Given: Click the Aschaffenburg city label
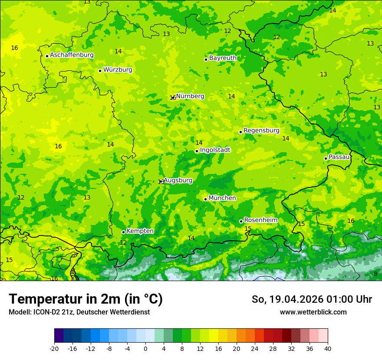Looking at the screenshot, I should click(x=72, y=55).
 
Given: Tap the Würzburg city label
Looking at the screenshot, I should click(x=118, y=70).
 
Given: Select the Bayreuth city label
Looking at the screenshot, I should click(x=223, y=58).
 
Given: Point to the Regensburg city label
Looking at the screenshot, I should click(x=261, y=131).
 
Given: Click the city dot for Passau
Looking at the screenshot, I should click(x=326, y=158).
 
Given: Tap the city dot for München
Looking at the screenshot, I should click(x=205, y=199).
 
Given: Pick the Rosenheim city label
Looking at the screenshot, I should click(x=260, y=220).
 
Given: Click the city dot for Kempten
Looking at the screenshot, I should click(x=123, y=232).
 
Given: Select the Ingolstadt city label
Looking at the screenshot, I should click(x=215, y=150).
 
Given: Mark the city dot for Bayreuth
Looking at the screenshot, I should click(x=206, y=59).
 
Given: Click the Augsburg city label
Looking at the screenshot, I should click(x=178, y=180).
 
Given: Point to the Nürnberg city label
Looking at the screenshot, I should click(x=190, y=96).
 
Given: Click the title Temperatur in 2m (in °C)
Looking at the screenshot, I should click(x=86, y=299).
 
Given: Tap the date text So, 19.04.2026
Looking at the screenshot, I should click(x=287, y=299).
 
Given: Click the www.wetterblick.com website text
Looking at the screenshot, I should click(x=313, y=312).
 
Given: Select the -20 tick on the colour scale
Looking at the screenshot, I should click(x=54, y=349).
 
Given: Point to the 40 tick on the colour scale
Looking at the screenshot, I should click(x=328, y=349).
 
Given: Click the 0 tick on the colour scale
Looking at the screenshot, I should click(x=145, y=349).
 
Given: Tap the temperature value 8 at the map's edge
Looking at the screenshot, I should click(x=375, y=274).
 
